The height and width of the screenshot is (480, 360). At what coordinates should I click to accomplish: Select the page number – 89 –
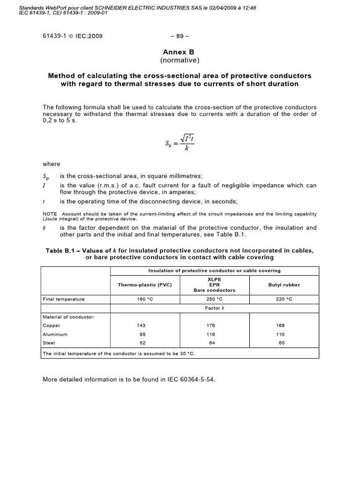(x=179, y=36)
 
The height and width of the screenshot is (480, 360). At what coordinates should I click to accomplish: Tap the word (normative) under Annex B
(x=180, y=60)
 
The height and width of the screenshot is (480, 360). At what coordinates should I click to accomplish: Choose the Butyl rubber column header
(x=284, y=285)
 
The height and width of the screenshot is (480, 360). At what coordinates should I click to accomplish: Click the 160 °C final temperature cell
(x=141, y=299)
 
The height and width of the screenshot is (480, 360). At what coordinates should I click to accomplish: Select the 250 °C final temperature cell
(x=214, y=299)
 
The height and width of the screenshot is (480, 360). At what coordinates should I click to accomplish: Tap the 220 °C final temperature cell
(x=284, y=299)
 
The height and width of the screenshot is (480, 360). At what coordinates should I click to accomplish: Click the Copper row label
(x=52, y=325)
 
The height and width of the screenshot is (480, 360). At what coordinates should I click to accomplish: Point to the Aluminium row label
(x=55, y=334)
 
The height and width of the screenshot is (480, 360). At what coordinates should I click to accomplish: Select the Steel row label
(x=49, y=343)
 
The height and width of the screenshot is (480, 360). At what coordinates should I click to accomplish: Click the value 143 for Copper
(x=141, y=325)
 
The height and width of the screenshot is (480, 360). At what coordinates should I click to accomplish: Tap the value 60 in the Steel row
(x=282, y=343)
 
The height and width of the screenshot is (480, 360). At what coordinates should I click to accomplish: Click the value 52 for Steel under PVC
(x=142, y=343)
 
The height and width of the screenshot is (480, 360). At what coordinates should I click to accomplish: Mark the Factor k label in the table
(x=214, y=308)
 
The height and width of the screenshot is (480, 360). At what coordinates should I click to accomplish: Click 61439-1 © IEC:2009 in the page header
(x=73, y=36)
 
